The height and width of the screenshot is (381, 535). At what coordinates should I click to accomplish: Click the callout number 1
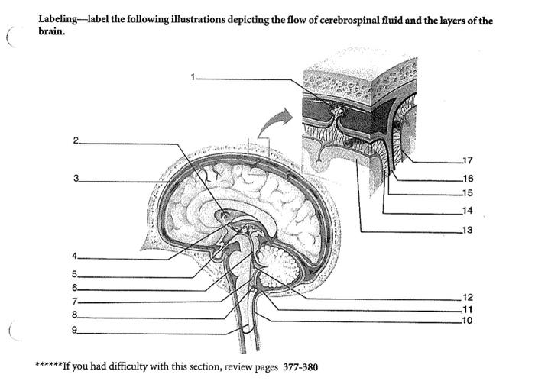coord(194,77)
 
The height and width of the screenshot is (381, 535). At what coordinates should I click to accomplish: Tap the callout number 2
coord(76,141)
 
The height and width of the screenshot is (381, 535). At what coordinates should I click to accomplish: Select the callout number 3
coord(76,179)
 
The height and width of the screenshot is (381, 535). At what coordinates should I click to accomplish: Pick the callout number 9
coord(76,330)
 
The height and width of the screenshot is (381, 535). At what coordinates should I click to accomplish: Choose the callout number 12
coord(468,297)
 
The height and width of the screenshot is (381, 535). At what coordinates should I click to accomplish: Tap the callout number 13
coord(468,230)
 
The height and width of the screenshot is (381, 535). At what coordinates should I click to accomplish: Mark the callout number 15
coord(468,192)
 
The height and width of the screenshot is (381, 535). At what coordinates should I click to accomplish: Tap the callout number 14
coord(468,210)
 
